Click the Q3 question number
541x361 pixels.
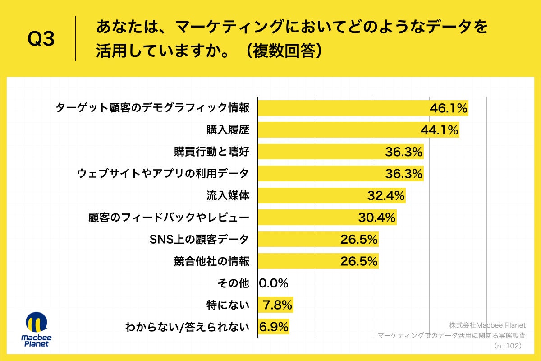point(41,39)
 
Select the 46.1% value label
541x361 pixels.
point(448,108)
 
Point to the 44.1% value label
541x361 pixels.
point(439,130)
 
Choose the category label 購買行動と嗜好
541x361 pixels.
point(211,152)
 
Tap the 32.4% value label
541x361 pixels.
point(386,196)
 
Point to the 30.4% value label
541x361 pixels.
point(377,218)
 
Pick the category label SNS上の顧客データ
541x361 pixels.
point(199,239)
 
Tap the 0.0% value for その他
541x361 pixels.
point(274,283)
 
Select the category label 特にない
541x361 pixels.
point(227,305)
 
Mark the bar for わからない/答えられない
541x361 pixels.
point(273,327)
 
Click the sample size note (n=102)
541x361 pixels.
point(508,346)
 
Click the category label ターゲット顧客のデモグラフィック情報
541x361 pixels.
point(152,108)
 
